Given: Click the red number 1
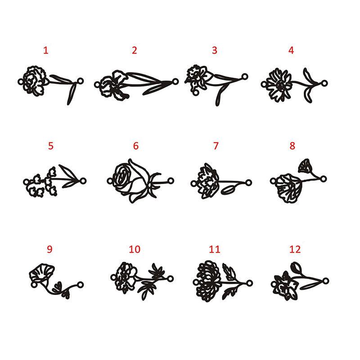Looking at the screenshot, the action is [46, 50].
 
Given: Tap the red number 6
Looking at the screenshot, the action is [136, 146].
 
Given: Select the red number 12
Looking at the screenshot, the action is [295, 249].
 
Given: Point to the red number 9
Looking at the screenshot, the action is [49, 249].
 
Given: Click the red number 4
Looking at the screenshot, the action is [291, 50].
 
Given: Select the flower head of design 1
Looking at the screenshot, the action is [35, 81].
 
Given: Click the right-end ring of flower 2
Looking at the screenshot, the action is [175, 81].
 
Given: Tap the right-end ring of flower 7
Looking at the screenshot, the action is [248, 183].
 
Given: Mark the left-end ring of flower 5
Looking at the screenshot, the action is [26, 182].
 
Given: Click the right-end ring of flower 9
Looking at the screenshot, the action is [80, 285].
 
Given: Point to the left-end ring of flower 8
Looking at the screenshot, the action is [273, 181].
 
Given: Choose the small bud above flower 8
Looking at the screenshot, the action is [305, 166].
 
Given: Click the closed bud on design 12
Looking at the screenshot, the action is [296, 268].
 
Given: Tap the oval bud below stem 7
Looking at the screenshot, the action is [228, 189].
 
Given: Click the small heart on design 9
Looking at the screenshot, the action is [57, 287].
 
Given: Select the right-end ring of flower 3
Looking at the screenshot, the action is [245, 76].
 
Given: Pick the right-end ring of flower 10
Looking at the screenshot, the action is [170, 279].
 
